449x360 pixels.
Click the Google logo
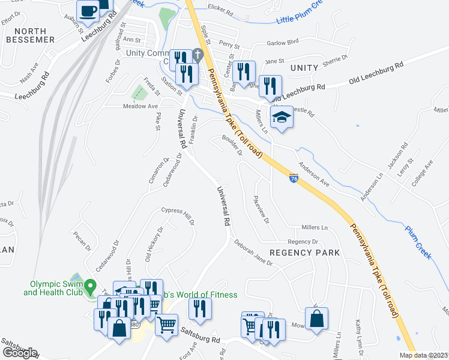19,353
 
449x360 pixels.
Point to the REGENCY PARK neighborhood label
304,253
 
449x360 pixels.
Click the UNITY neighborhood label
304,68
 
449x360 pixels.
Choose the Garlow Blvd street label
284,43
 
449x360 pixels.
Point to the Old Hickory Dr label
154,244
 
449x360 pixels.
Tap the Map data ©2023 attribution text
424,355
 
